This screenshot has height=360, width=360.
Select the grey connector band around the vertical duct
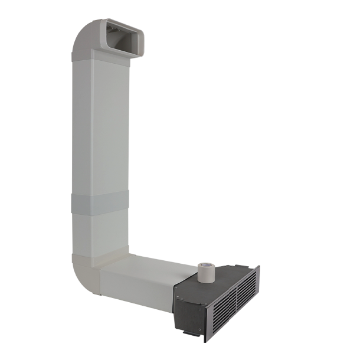(x=99, y=203)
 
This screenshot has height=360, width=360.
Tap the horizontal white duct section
(x=142, y=280)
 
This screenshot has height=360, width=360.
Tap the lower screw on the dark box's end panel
(x=199, y=329)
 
